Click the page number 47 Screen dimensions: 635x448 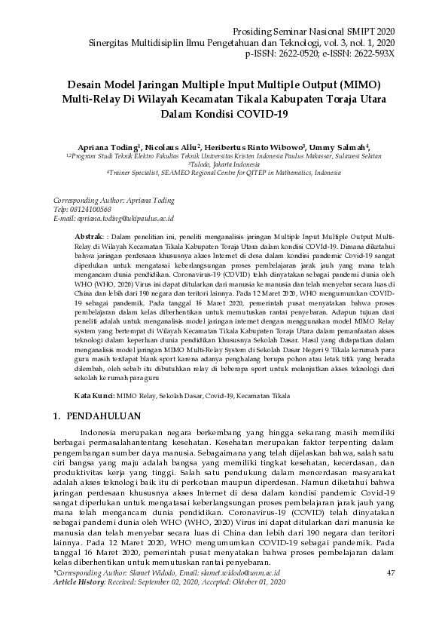[x=390, y=573]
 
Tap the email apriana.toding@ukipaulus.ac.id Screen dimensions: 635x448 [x=126, y=218]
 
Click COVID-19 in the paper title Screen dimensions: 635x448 [x=261, y=114]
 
